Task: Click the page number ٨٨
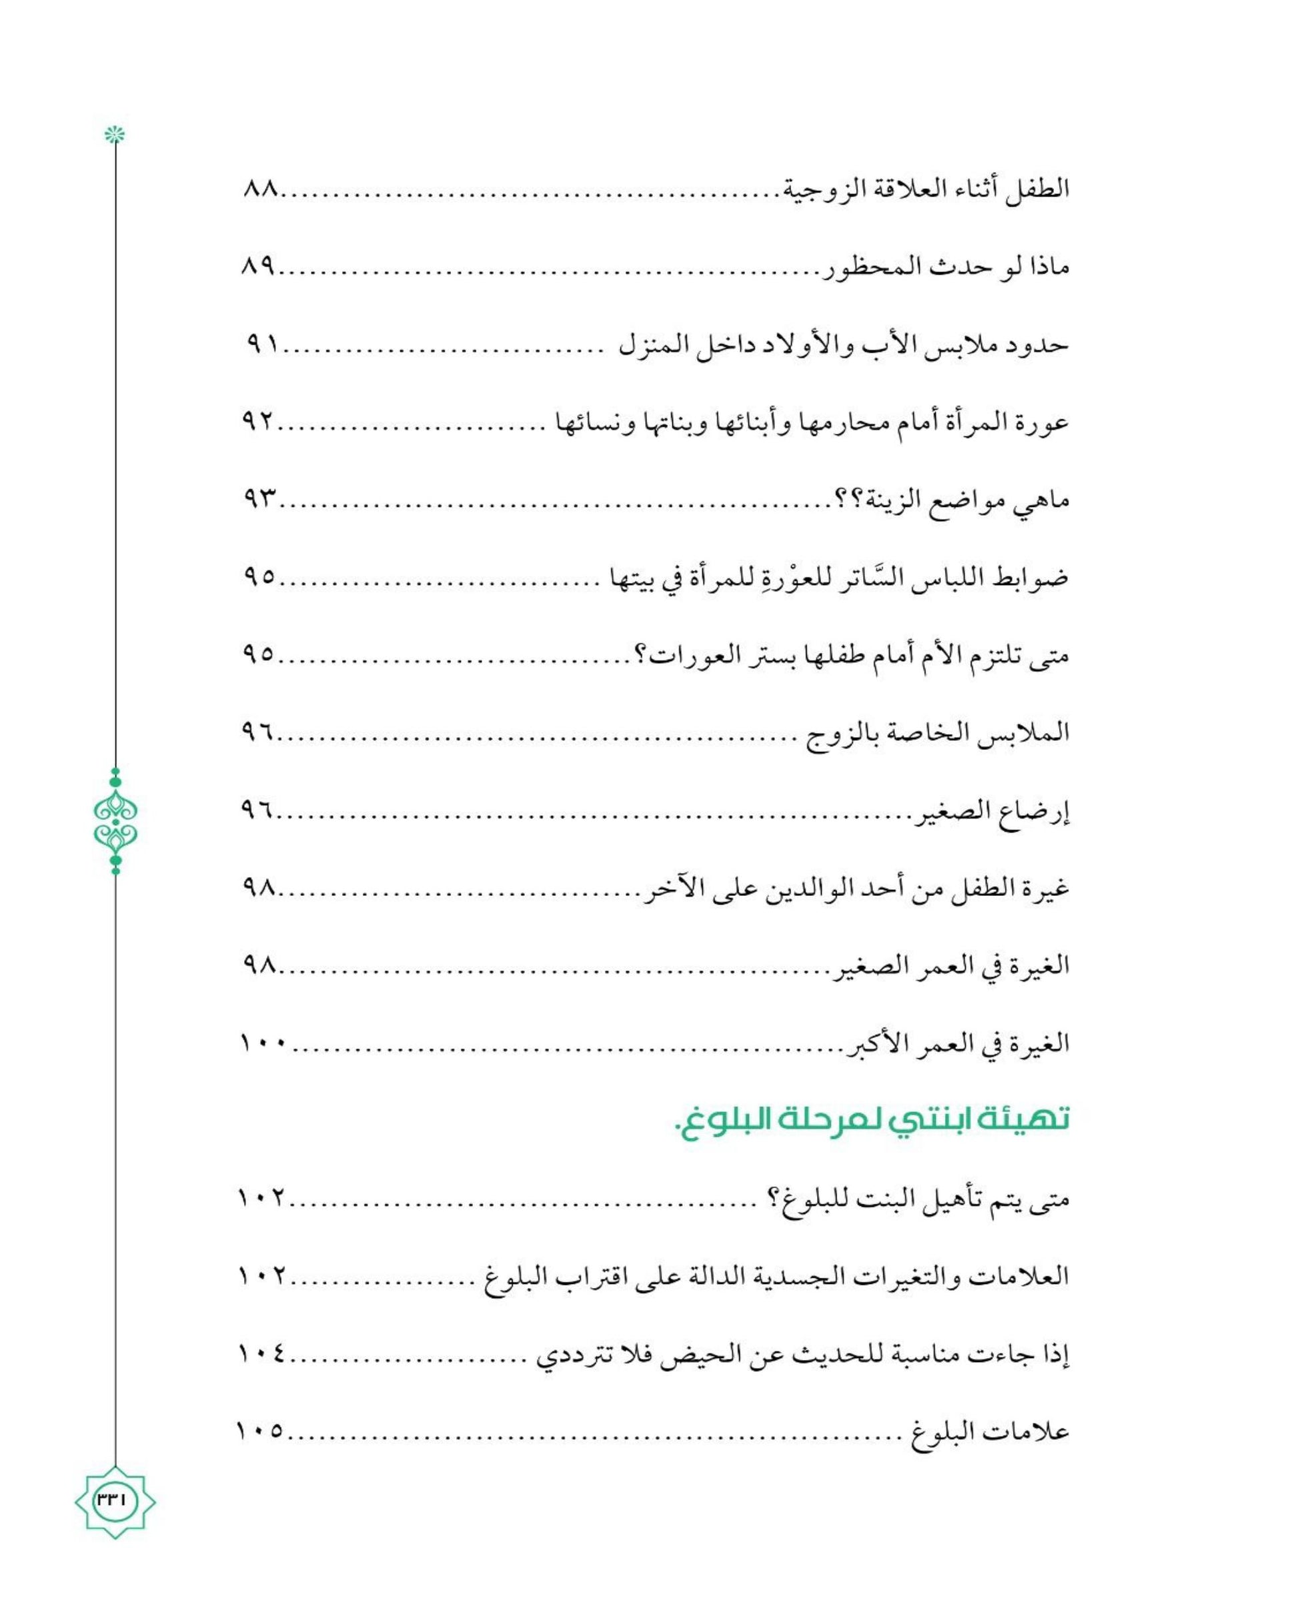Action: coord(261,189)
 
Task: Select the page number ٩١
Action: coord(263,345)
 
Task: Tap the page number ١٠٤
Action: coord(262,1354)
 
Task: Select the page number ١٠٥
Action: coord(261,1431)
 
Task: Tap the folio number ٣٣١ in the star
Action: coord(115,1500)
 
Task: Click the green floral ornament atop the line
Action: coord(115,135)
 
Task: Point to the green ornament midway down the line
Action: coord(115,821)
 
